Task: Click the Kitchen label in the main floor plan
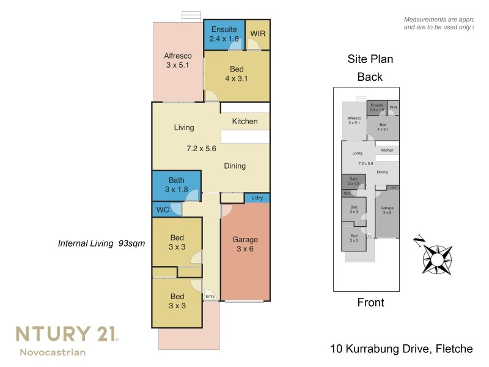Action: (244, 121)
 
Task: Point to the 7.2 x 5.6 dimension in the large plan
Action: (202, 148)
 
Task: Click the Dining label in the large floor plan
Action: (235, 166)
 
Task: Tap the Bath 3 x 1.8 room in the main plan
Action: (176, 185)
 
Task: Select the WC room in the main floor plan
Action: (163, 209)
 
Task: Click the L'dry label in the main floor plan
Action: (257, 198)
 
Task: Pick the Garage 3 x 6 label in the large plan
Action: (245, 245)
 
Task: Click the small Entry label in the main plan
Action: (210, 297)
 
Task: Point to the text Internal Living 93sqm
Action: (101, 243)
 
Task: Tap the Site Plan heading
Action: (370, 59)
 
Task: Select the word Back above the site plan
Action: (370, 77)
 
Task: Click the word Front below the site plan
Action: (370, 302)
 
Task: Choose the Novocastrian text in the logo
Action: (53, 352)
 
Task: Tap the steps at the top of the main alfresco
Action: (192, 17)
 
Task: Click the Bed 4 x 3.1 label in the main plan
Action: (236, 75)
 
